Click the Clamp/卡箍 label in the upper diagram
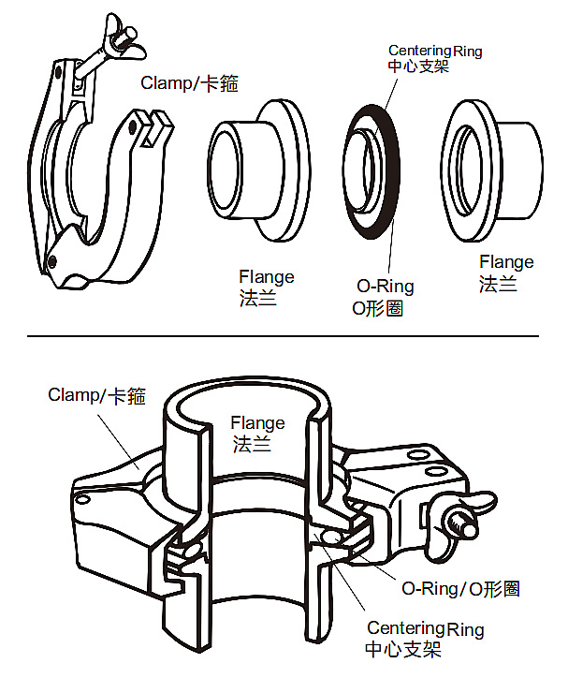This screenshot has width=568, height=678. click(x=189, y=83)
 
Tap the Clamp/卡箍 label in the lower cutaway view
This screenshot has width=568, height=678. click(x=97, y=395)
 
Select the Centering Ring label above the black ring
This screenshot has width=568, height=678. click(x=435, y=58)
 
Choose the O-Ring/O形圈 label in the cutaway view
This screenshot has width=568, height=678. click(x=460, y=588)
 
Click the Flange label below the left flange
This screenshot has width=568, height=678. click(x=266, y=287)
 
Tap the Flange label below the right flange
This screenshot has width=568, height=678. click(x=506, y=273)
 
